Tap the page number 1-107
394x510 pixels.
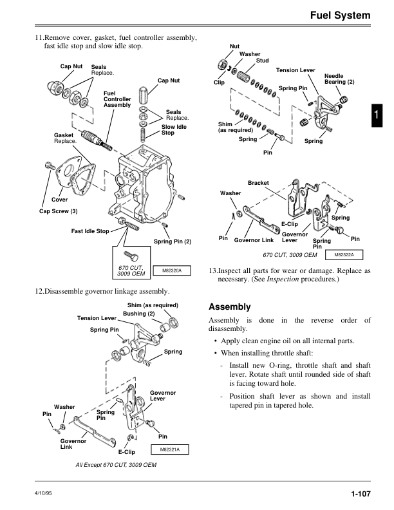(x=361, y=494)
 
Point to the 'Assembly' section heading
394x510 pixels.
(x=230, y=307)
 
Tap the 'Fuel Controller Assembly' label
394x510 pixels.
(x=117, y=99)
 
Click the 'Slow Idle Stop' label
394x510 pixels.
(x=169, y=130)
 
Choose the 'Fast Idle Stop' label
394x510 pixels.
(x=90, y=231)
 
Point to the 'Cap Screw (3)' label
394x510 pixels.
(x=59, y=211)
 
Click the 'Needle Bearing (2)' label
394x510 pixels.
(x=339, y=79)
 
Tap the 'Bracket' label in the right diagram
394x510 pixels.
(x=258, y=184)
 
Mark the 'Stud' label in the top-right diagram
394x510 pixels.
(x=262, y=61)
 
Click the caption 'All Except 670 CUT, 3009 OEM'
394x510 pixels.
(x=116, y=464)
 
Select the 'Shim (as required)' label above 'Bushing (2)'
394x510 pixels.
(x=152, y=305)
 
